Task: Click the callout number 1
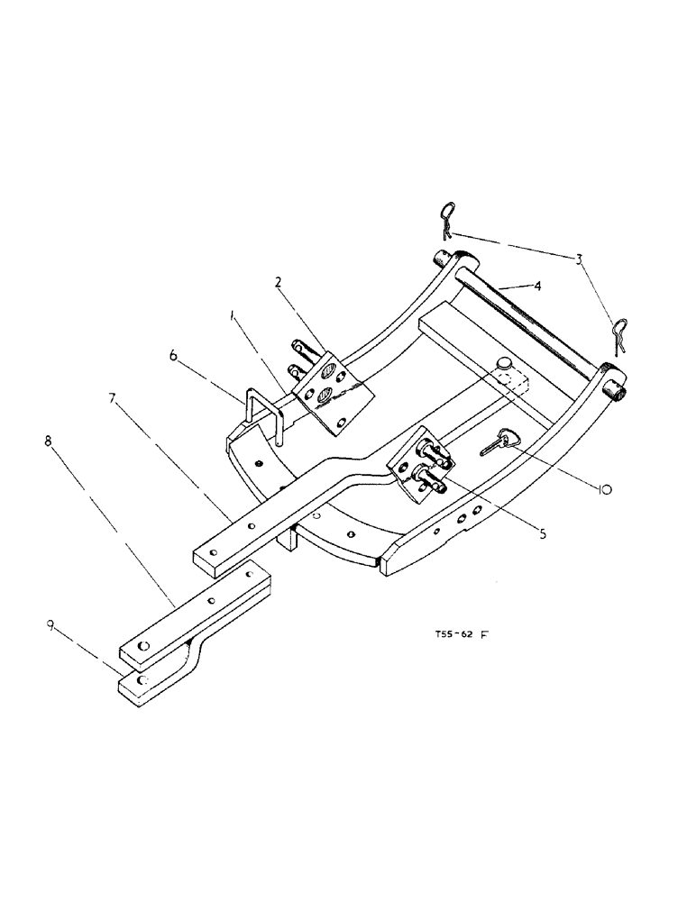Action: point(234,316)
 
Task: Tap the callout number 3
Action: point(579,259)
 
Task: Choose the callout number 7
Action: point(114,398)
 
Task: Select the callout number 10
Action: point(604,489)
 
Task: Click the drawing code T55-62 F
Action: point(457,634)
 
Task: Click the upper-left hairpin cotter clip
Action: point(447,218)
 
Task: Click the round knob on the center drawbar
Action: point(504,362)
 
